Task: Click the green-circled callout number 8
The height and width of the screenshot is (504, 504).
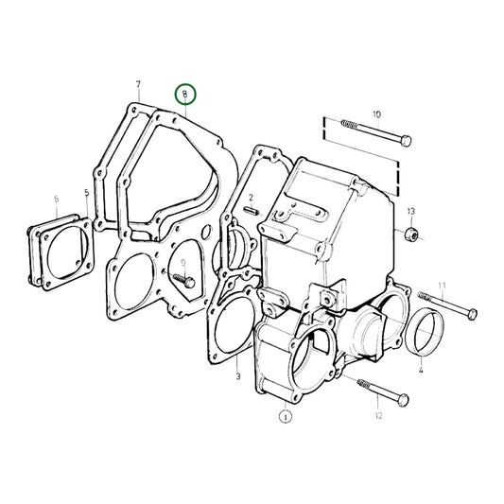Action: [186, 94]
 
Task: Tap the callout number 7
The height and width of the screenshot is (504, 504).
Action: [138, 85]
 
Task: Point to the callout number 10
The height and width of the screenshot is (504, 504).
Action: [375, 114]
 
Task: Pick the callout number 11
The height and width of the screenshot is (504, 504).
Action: [442, 285]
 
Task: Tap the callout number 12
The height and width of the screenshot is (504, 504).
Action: [377, 415]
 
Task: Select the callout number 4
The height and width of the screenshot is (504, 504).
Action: [420, 372]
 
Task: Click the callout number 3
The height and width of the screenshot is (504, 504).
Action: [238, 375]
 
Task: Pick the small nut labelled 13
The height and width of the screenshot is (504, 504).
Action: [410, 233]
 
